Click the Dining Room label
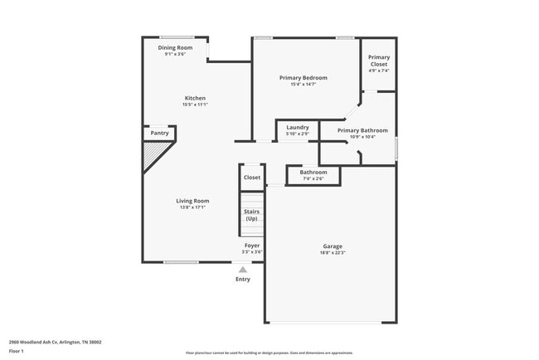[175, 48]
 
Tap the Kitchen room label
[195, 98]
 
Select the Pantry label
[159, 133]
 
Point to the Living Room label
[192, 201]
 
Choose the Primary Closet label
[379, 61]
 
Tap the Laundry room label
[298, 127]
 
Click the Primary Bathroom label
[362, 130]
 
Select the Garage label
[333, 246]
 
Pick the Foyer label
[252, 246]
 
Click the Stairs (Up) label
[251, 215]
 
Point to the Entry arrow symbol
[242, 270]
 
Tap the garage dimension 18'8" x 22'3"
[333, 253]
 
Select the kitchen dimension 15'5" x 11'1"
[195, 105]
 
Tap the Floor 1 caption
[17, 351]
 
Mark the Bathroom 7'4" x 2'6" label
[313, 175]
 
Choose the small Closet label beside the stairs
[252, 178]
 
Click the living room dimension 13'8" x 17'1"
[192, 207]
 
